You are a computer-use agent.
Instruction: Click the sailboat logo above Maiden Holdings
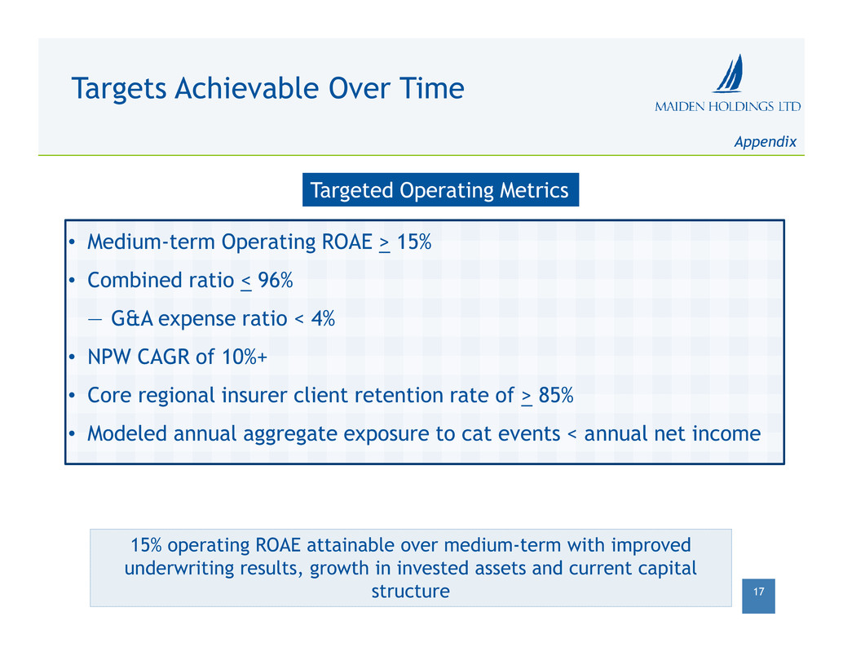(729, 73)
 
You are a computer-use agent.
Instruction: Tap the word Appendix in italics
(765, 142)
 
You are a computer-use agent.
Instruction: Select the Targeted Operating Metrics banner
(440, 190)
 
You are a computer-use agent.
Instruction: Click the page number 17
(758, 592)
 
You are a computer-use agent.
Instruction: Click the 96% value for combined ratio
(276, 280)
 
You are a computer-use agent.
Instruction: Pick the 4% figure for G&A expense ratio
(323, 318)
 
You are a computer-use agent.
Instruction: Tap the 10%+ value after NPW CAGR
(245, 357)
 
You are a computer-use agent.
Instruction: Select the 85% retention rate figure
(556, 396)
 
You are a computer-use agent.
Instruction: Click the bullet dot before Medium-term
(72, 242)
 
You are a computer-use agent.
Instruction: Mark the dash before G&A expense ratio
(95, 320)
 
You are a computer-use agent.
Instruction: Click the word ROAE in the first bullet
(346, 242)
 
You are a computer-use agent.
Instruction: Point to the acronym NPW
(109, 357)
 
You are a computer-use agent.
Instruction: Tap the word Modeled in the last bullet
(127, 433)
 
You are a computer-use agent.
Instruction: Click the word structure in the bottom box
(411, 592)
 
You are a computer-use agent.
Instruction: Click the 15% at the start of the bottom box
(146, 545)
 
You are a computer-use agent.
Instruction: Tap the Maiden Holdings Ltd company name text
(728, 106)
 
